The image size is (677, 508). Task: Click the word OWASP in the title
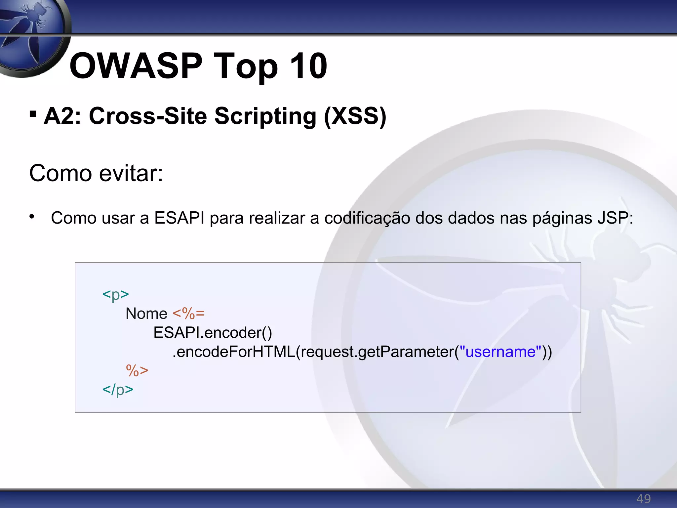click(x=136, y=66)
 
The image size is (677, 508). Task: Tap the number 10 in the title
click(x=308, y=66)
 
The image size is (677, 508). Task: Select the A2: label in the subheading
click(x=63, y=116)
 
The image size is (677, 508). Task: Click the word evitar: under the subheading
click(x=131, y=173)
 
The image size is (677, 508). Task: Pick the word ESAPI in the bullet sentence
click(x=179, y=218)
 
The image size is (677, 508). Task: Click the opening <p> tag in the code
click(x=115, y=294)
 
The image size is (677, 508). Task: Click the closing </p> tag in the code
click(x=118, y=389)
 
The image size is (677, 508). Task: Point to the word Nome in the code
click(x=146, y=313)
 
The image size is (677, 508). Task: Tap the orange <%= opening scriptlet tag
click(x=188, y=313)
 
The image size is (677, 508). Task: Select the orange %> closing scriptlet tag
click(x=137, y=370)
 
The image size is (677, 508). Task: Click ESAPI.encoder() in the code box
click(x=213, y=332)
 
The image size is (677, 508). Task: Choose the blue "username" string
click(x=500, y=351)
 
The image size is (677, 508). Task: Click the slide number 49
click(x=643, y=498)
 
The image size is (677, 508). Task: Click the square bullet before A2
click(x=33, y=114)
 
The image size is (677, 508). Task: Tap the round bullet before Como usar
click(x=32, y=217)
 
